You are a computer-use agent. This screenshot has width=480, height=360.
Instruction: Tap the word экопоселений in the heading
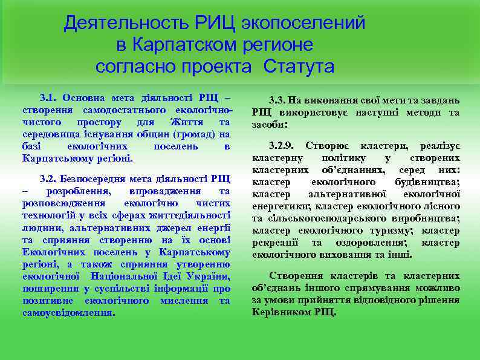pyautogui.click(x=304, y=24)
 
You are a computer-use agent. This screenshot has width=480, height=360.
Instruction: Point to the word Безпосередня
pyautogui.click(x=102, y=178)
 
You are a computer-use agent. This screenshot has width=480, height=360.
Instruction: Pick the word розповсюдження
pyautogui.click(x=61, y=203)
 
